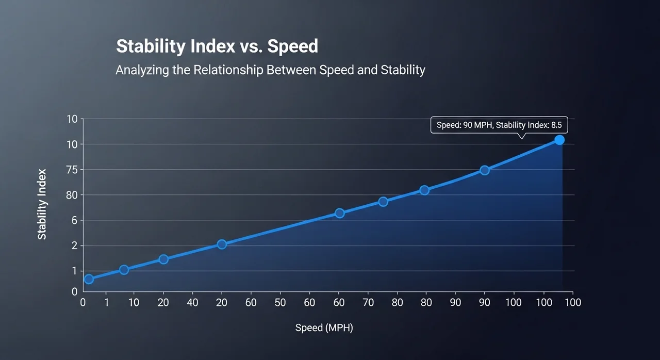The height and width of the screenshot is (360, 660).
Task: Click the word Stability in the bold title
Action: point(150,46)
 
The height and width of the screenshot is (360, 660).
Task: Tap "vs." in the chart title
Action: point(251,46)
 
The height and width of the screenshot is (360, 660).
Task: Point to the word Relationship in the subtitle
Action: point(228,70)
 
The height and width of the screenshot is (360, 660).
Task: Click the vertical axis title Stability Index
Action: point(42,204)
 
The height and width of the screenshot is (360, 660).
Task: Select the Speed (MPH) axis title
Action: point(324,328)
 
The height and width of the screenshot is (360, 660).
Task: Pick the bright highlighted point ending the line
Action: point(559,140)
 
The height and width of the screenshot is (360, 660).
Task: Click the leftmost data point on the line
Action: point(89,279)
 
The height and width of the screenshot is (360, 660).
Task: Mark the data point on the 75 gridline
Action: point(485,170)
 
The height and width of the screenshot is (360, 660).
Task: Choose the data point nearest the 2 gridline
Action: point(222,244)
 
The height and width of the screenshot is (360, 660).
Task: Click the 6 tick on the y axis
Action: point(74,220)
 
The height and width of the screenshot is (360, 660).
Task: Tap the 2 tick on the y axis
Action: point(74,246)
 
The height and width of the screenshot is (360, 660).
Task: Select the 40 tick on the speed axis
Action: point(192,302)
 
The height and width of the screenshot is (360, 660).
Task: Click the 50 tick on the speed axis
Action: point(280,302)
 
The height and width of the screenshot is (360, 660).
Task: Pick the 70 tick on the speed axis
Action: point(368,302)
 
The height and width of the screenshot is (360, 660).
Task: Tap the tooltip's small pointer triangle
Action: point(521,136)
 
